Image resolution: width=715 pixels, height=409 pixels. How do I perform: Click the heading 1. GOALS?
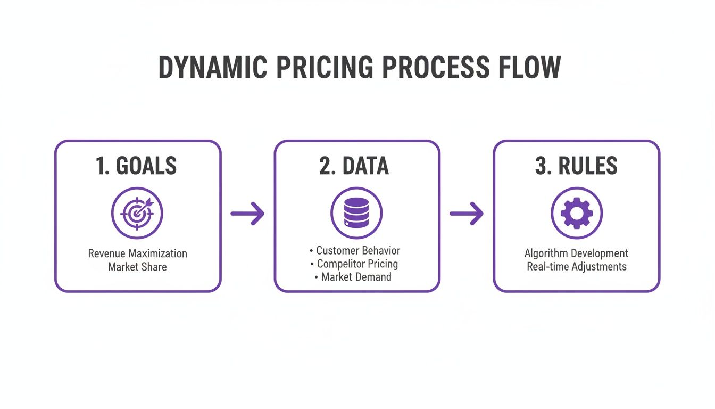(137, 166)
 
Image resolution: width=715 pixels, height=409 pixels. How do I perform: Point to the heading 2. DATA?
(354, 166)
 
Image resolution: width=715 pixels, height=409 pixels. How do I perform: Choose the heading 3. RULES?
(576, 166)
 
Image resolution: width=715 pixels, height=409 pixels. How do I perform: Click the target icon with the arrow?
(137, 214)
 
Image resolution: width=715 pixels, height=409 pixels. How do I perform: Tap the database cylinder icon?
(356, 214)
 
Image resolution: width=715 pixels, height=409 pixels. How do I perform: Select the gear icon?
(576, 214)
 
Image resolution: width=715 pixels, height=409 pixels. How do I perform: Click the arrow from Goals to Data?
(247, 214)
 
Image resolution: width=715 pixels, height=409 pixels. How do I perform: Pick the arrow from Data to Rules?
(467, 214)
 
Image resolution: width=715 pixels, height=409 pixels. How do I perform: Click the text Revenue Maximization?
(137, 253)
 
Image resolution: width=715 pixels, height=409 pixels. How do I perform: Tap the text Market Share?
(137, 266)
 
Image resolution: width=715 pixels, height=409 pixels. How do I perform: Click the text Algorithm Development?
(576, 253)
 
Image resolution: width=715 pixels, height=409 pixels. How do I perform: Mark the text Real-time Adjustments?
(576, 266)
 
